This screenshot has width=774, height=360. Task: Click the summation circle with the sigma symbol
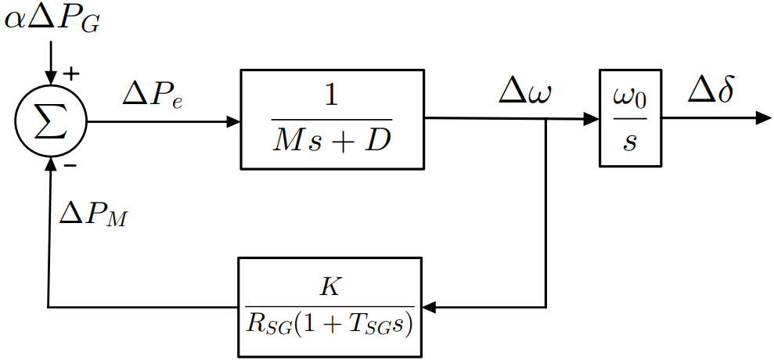coord(51,122)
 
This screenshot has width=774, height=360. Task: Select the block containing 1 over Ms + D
coord(332,119)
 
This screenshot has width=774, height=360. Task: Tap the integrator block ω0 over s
coord(630,118)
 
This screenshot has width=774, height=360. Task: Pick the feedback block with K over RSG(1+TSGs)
coord(329,305)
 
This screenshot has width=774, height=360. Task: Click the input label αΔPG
coord(52,20)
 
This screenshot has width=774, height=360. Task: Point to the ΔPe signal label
coord(153,96)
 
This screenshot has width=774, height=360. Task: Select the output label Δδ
coord(711,92)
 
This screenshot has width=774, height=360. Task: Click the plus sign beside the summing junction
coord(71,74)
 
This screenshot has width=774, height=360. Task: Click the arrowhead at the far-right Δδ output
coord(764,118)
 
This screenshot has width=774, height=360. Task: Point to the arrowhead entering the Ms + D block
coord(233,122)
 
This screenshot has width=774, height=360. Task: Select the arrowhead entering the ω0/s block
coord(593,119)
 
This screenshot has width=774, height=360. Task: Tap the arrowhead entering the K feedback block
coord(429,306)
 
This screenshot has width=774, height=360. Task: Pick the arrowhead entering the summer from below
coord(51,164)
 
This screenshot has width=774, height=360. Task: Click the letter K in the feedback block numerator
coord(329,287)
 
